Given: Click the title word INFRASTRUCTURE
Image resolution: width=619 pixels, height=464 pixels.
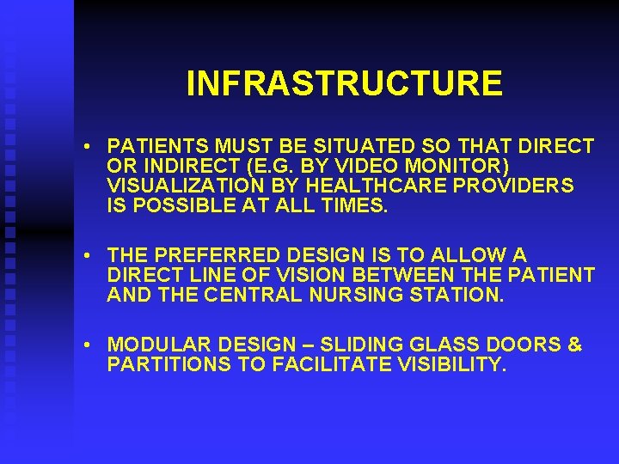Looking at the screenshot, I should coord(344,83).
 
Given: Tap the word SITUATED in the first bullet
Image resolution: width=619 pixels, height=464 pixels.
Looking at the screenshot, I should coord(339,147).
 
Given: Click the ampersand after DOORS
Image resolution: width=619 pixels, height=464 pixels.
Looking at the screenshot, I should coord(575,345).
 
